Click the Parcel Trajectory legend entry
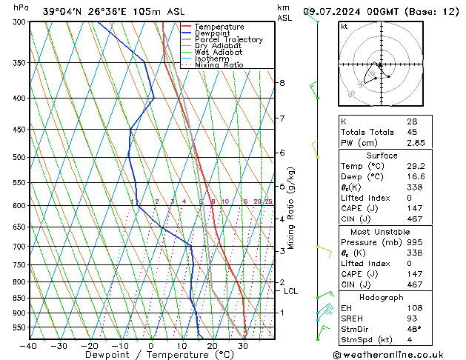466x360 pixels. (228, 39)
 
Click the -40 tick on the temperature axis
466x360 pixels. (29, 346)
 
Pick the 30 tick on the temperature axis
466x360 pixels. (242, 346)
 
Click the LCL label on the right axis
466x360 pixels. (291, 292)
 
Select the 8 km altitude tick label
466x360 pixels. (282, 83)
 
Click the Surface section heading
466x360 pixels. (382, 156)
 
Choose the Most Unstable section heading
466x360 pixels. (382, 231)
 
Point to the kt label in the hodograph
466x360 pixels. (344, 27)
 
